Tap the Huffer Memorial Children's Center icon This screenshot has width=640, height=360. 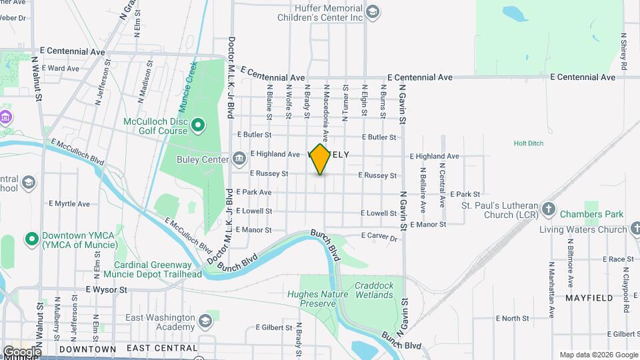(x=373, y=11)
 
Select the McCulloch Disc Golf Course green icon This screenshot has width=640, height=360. (x=197, y=125)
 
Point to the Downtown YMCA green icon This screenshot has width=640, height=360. (x=31, y=238)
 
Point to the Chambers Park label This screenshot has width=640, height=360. (x=591, y=214)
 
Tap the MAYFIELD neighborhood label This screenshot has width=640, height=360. (x=589, y=298)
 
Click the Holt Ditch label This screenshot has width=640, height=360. (x=530, y=143)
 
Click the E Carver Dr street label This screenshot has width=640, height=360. (x=379, y=237)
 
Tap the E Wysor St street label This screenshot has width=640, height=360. (x=106, y=290)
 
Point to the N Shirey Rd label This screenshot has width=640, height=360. (x=625, y=53)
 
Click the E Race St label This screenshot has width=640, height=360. (x=617, y=259)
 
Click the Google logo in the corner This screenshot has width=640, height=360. (x=21, y=351)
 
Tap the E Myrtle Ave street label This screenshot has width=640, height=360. (x=69, y=203)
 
